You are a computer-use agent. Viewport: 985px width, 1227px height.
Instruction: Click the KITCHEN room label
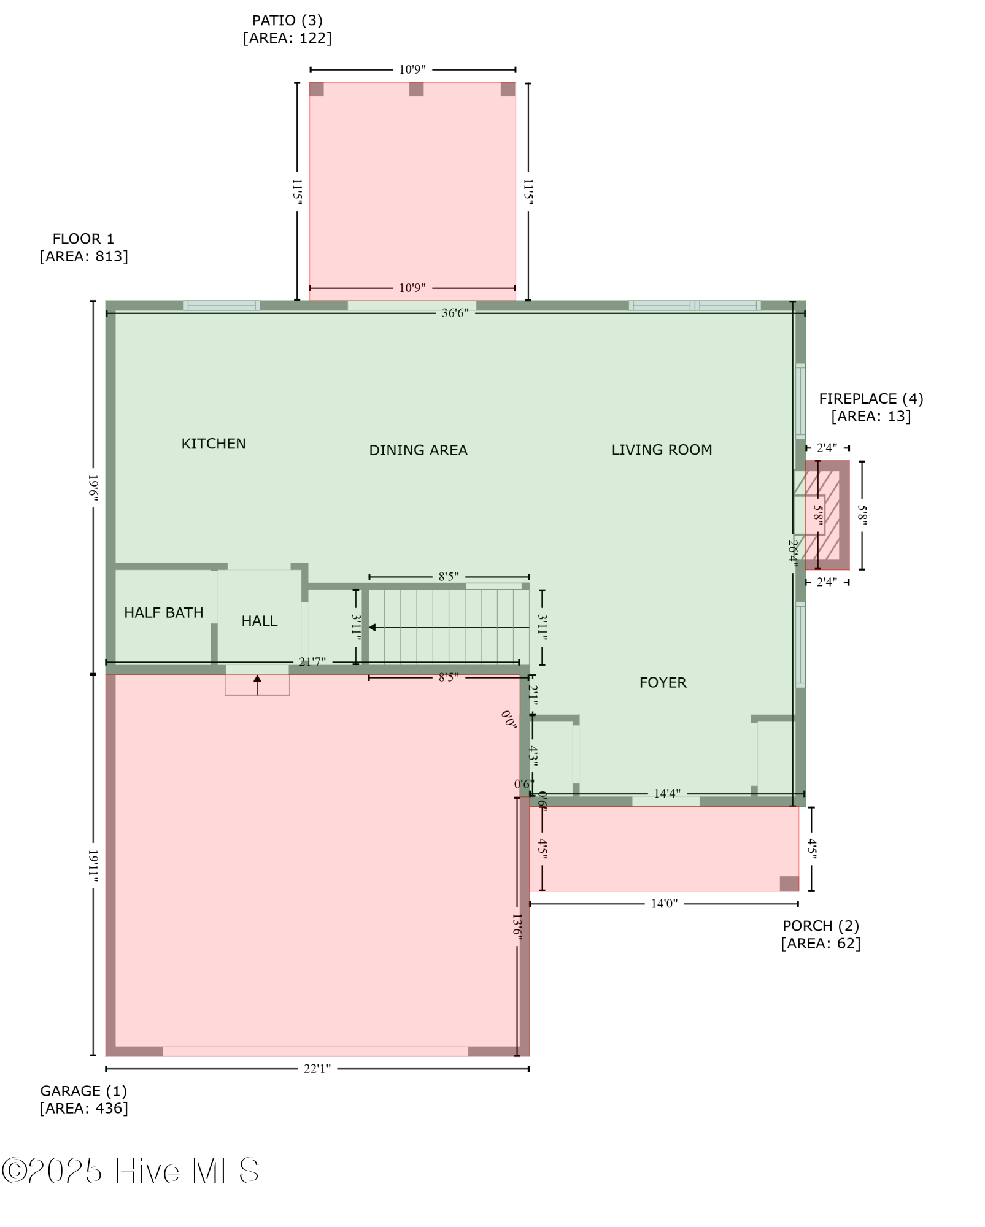[x=213, y=444]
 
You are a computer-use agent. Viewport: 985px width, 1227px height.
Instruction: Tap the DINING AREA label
[x=418, y=450]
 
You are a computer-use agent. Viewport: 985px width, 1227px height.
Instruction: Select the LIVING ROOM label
[x=662, y=450]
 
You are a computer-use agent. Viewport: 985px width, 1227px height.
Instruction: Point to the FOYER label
[x=663, y=682]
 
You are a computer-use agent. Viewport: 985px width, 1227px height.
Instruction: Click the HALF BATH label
[x=163, y=612]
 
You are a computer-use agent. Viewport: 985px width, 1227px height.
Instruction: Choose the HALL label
[x=259, y=621]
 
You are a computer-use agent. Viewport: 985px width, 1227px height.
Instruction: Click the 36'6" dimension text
[x=455, y=313]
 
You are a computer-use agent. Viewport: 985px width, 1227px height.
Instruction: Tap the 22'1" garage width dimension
[x=317, y=1069]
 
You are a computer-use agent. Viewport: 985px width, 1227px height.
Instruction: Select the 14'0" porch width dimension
[x=664, y=904]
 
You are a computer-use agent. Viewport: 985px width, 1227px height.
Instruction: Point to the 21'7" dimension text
[x=312, y=662]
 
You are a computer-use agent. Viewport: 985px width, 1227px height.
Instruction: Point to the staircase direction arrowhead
[x=372, y=628]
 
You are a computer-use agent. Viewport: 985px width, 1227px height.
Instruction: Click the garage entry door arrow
[x=257, y=680]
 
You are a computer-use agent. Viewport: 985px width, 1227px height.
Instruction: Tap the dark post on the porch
[x=789, y=883]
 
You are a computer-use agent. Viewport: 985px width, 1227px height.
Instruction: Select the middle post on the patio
[x=416, y=89]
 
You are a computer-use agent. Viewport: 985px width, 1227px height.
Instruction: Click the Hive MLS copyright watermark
[x=130, y=1171]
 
